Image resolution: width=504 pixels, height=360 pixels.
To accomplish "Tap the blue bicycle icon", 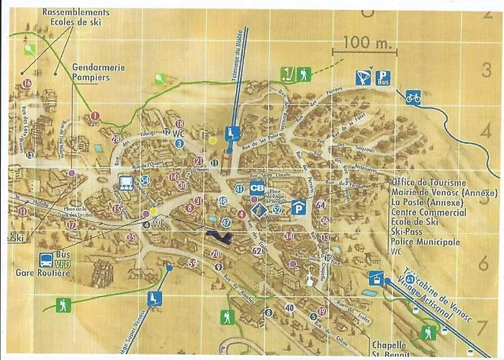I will pyautogui.click(x=413, y=96).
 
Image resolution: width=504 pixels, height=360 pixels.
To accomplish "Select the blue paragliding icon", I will pyautogui.click(x=364, y=77).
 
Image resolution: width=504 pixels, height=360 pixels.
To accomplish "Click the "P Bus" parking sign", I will pyautogui.click(x=384, y=78).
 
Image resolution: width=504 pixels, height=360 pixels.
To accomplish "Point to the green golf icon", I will pyautogui.click(x=287, y=73).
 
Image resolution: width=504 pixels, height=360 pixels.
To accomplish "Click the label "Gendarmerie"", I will pyautogui.click(x=98, y=68).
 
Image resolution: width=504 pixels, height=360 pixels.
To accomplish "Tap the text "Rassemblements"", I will pyautogui.click(x=76, y=13).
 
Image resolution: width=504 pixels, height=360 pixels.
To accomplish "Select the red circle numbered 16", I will pyautogui.click(x=27, y=84).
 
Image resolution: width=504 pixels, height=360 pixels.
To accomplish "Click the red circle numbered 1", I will pyautogui.click(x=95, y=115).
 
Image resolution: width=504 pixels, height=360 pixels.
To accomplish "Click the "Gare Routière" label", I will pyautogui.click(x=43, y=273).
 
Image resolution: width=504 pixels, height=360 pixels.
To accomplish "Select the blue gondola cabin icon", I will pyautogui.click(x=375, y=276).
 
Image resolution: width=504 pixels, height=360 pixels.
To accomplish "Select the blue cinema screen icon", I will pyautogui.click(x=125, y=181).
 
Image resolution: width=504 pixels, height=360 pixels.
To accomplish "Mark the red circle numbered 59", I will pyautogui.click(x=192, y=264).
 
